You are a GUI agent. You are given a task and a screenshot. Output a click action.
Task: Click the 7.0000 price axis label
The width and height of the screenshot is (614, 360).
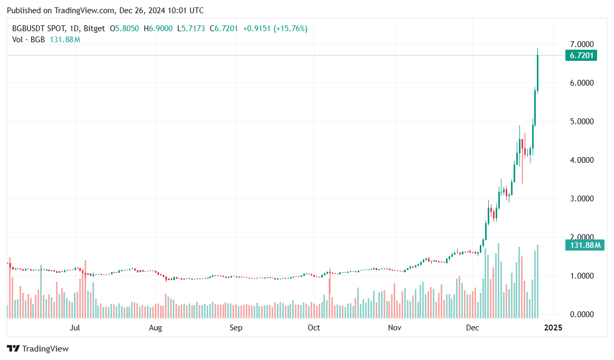[x=579, y=44]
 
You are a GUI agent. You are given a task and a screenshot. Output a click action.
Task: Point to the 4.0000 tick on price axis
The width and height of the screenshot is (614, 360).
[x=579, y=160]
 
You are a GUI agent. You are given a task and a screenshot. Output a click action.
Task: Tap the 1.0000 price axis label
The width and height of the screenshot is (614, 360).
[x=579, y=276]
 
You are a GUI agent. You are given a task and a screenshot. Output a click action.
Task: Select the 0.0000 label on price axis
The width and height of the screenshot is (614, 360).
[x=579, y=315]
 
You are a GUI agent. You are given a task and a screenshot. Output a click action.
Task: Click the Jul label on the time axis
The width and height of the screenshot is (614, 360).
[x=75, y=328]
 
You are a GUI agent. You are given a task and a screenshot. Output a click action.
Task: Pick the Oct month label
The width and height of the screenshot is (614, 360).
[x=314, y=328]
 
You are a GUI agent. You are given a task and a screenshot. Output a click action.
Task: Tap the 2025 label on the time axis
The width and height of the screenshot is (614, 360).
[x=553, y=328]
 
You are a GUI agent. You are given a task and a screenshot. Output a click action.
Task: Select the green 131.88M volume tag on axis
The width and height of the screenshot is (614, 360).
[x=584, y=245]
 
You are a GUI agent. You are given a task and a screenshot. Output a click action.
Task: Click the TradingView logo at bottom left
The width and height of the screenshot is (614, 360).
[x=38, y=349]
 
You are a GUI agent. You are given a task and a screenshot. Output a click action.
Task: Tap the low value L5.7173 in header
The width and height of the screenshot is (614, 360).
[x=192, y=28]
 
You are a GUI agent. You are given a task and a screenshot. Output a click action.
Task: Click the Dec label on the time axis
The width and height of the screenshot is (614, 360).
[x=473, y=328]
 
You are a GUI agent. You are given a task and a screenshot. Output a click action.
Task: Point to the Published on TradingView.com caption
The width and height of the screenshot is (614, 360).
[x=106, y=11]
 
